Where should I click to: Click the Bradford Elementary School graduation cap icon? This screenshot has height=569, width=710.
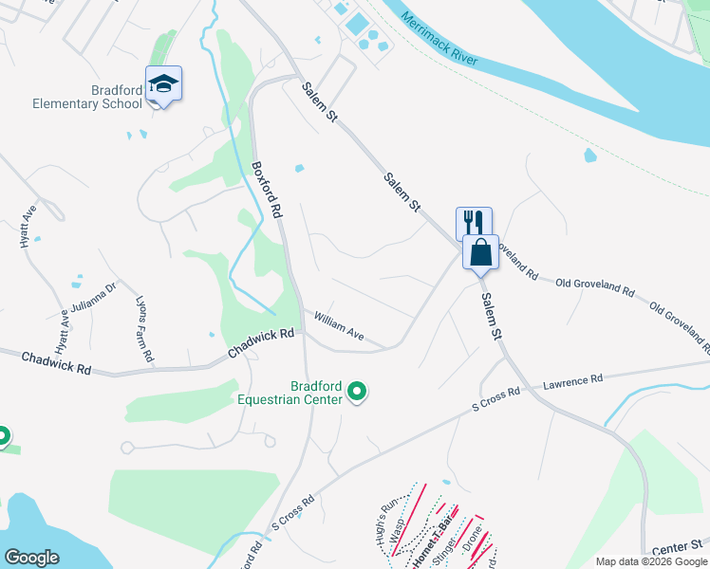pyautogui.click(x=163, y=83)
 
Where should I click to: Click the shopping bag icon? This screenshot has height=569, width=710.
pyautogui.click(x=480, y=252)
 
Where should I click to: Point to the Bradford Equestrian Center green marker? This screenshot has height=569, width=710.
pyautogui.click(x=357, y=391)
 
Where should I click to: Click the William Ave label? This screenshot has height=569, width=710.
pyautogui.click(x=339, y=327)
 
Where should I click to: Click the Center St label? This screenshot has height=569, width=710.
pyautogui.click(x=681, y=546)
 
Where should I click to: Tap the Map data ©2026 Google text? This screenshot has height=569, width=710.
pyautogui.click(x=650, y=562)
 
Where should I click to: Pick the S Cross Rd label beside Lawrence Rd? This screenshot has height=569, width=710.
pyautogui.click(x=497, y=399)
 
